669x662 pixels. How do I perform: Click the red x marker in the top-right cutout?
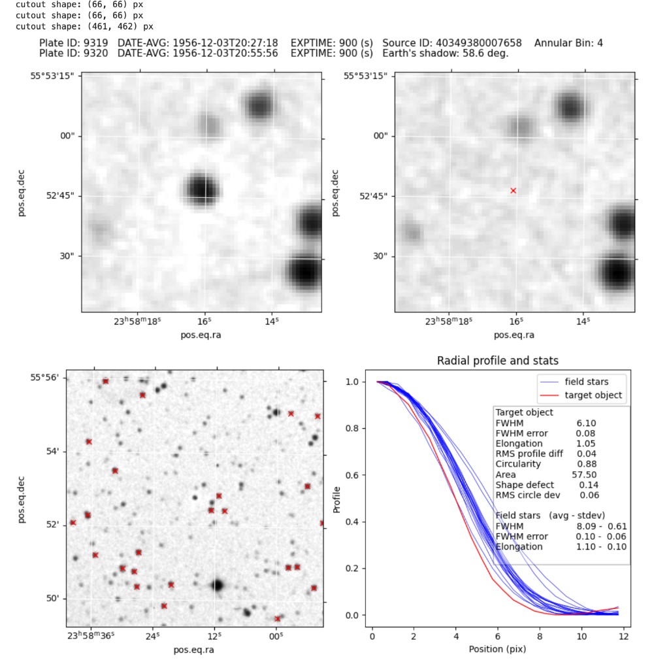pyautogui.click(x=513, y=190)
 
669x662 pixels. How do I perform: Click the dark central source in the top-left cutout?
pyautogui.click(x=201, y=188)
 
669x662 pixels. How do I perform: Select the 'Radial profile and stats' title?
pyautogui.click(x=497, y=361)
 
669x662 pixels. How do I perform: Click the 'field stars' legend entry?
pyautogui.click(x=586, y=381)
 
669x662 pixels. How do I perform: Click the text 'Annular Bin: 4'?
pyautogui.click(x=568, y=43)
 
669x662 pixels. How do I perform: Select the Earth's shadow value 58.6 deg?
pyautogui.click(x=484, y=53)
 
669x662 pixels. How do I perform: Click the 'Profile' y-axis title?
pyautogui.click(x=337, y=499)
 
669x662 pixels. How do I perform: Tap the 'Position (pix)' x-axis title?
pyautogui.click(x=497, y=649)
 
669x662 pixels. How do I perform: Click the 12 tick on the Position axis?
pyautogui.click(x=623, y=637)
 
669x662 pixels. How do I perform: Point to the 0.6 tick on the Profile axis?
pyautogui.click(x=358, y=475)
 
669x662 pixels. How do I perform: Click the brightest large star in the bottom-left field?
pyautogui.click(x=218, y=585)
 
